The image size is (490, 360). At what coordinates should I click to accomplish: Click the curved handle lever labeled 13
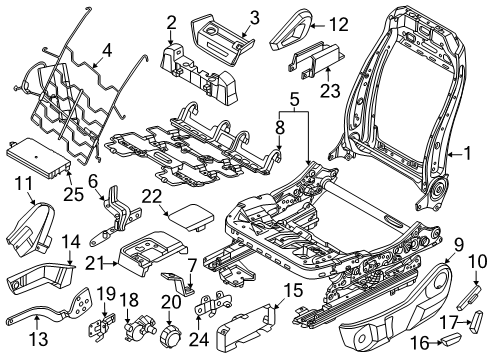tap(40, 320)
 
